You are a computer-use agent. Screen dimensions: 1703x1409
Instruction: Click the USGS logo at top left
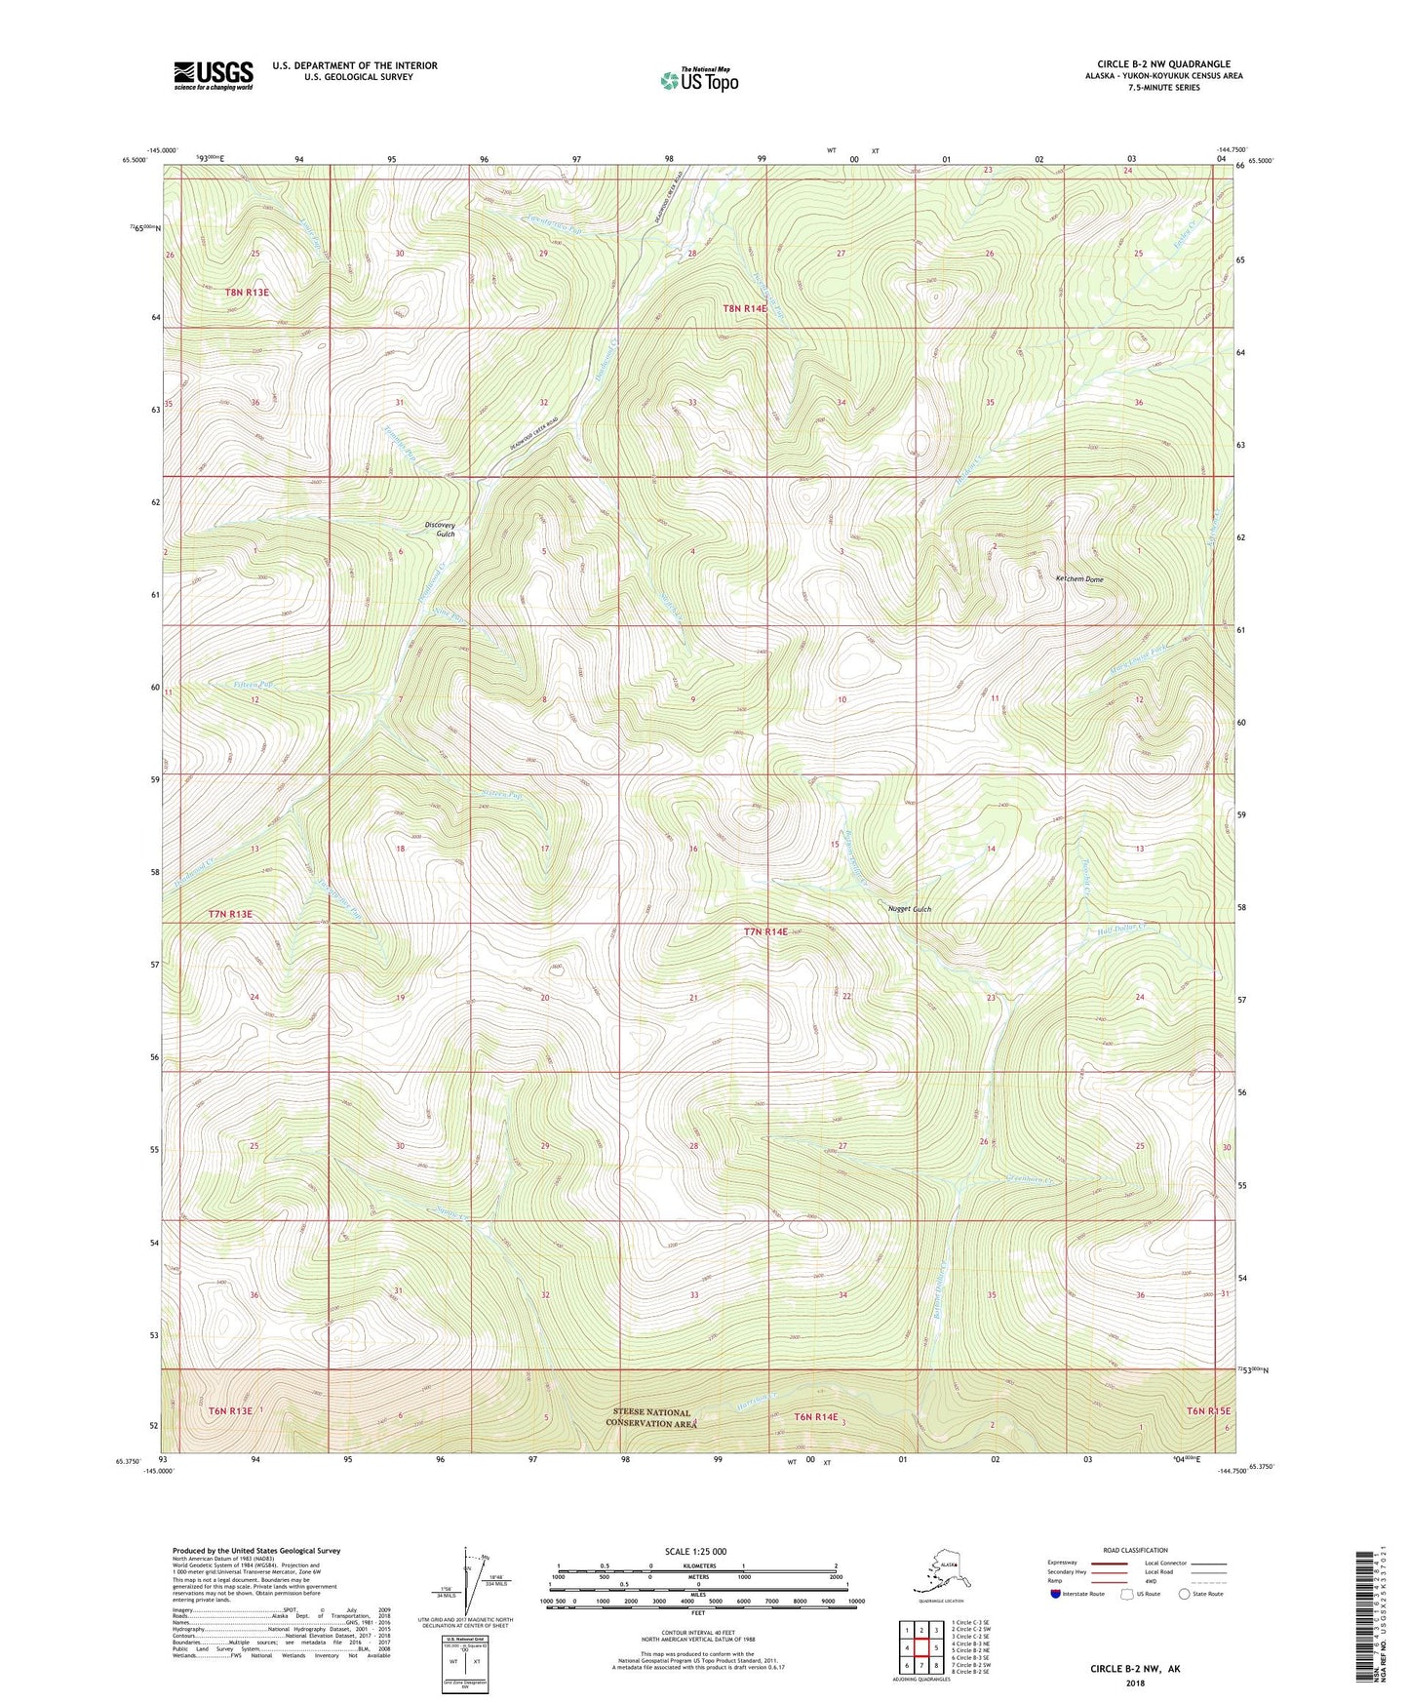[x=213, y=75]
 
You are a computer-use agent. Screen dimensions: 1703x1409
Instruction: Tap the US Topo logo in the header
[x=698, y=79]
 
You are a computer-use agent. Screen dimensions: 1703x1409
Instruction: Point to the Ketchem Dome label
[x=1079, y=579]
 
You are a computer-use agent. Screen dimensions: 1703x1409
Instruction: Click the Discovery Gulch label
[x=440, y=530]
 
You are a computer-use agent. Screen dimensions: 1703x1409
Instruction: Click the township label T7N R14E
[x=765, y=931]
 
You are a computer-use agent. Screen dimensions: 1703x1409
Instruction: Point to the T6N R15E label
[x=1208, y=1411]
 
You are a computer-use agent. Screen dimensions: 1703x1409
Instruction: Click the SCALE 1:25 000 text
[x=697, y=1551]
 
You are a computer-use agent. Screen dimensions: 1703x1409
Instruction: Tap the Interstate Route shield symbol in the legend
[x=1056, y=1595]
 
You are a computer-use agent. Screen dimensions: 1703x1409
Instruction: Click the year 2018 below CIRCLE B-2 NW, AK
[x=1135, y=1683]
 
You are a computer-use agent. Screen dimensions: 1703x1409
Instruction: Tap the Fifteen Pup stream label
[x=252, y=685]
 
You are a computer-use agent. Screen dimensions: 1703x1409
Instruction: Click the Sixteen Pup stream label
[x=502, y=796]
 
